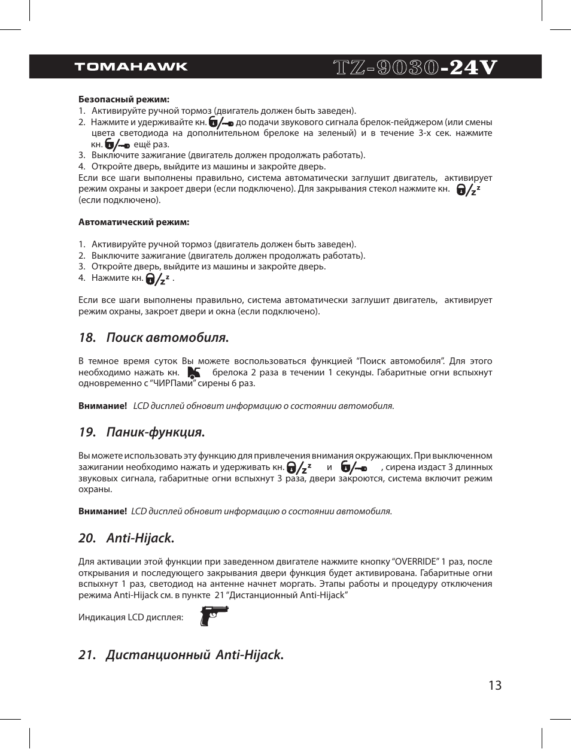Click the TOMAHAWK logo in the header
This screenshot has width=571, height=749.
click(x=130, y=66)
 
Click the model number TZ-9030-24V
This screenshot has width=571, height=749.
click(x=415, y=67)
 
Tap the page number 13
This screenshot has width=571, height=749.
click(x=494, y=686)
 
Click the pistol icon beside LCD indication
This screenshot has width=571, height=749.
click(x=214, y=615)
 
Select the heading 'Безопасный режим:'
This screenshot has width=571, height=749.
click(x=124, y=99)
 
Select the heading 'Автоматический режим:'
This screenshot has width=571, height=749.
click(x=133, y=222)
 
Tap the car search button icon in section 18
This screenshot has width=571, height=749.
click(x=194, y=372)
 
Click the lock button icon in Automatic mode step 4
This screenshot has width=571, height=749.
click(x=158, y=278)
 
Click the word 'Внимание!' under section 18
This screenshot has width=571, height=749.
click(x=102, y=406)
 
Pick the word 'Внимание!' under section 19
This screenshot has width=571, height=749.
click(x=102, y=511)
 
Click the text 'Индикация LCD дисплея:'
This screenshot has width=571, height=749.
click(x=130, y=617)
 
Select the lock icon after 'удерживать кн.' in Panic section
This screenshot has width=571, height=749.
click(x=299, y=467)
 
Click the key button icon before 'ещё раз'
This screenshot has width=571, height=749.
click(x=117, y=144)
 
